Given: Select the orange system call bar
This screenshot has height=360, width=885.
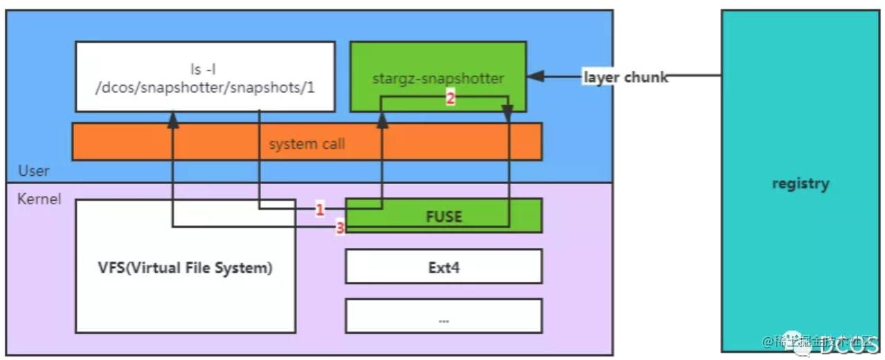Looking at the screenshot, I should click(x=306, y=143).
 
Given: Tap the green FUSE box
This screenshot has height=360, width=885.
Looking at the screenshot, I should click(x=443, y=216).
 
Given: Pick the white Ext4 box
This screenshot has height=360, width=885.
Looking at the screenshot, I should click(x=443, y=267).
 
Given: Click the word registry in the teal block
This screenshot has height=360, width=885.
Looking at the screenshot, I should click(x=800, y=184).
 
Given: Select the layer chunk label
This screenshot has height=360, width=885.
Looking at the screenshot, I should click(x=625, y=77).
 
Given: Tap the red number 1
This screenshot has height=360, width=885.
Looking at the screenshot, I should click(x=320, y=209).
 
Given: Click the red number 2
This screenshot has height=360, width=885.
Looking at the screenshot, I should click(x=450, y=98).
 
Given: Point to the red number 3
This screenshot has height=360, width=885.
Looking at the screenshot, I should click(x=340, y=228).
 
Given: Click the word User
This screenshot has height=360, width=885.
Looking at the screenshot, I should click(x=34, y=170).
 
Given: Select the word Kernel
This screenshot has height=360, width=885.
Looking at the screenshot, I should click(x=39, y=199).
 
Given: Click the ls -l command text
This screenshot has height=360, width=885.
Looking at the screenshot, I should click(x=205, y=69).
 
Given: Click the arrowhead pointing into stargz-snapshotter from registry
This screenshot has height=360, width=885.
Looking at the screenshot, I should click(x=536, y=76).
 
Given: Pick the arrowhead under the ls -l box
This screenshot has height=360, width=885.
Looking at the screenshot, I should click(x=172, y=120).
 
